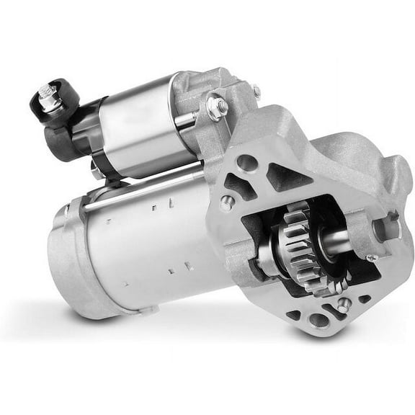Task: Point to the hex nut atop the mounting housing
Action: (x=218, y=106)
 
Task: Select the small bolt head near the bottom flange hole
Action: (x=344, y=305)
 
